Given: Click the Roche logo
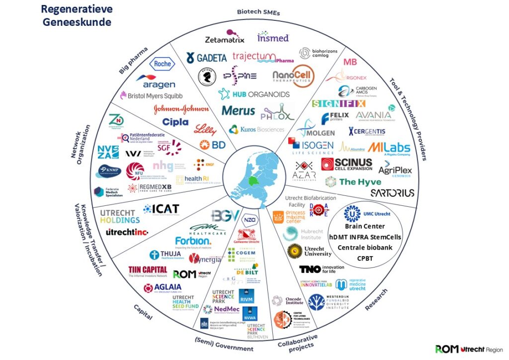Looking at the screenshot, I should (x=163, y=64).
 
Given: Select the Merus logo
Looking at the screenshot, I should (x=238, y=110).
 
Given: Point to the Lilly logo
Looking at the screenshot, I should (x=205, y=129).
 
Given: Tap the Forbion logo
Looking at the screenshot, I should (x=193, y=242).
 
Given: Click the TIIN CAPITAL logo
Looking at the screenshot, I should (x=148, y=270).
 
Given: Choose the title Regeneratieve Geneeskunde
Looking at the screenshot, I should (x=76, y=15).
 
